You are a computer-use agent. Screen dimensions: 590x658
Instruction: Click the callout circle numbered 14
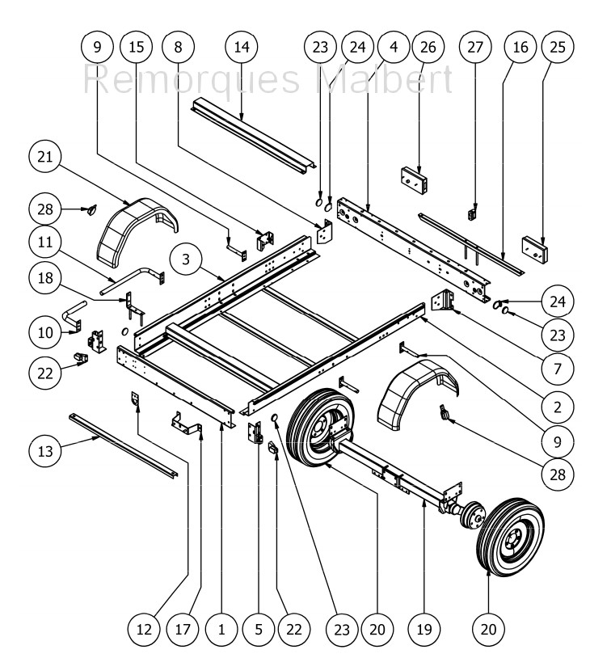pos(242,47)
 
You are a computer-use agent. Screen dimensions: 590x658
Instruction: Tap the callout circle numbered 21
pos(45,157)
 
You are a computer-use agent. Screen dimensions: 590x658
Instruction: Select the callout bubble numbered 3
pos(186,259)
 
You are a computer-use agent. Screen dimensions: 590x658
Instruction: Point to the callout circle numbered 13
pos(45,451)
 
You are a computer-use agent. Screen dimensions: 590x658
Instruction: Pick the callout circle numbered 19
pos(424,630)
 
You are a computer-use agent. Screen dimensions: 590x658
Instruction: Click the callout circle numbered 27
pos(475,47)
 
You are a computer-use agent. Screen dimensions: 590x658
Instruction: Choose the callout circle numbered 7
pos(558,369)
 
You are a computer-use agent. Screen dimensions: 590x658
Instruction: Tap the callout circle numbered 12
pos(144,630)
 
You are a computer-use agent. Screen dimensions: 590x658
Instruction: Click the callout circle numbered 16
pos(520,47)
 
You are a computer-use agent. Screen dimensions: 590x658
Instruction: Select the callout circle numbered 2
pos(558,407)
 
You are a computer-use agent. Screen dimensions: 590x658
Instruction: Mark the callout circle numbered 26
pos(428,47)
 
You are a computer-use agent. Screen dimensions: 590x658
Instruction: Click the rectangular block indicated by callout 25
pos(535,250)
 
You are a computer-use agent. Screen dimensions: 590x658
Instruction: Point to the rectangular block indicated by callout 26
pos(414,180)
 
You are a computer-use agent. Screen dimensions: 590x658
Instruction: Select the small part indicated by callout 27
pos(472,214)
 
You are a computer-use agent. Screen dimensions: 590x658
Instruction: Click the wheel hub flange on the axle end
pos(473,514)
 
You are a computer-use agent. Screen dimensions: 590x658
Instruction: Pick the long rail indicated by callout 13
pos(124,445)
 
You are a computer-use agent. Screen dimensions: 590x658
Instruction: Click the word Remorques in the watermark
pos(192,80)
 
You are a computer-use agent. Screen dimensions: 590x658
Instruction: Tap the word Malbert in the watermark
pos(384,78)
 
